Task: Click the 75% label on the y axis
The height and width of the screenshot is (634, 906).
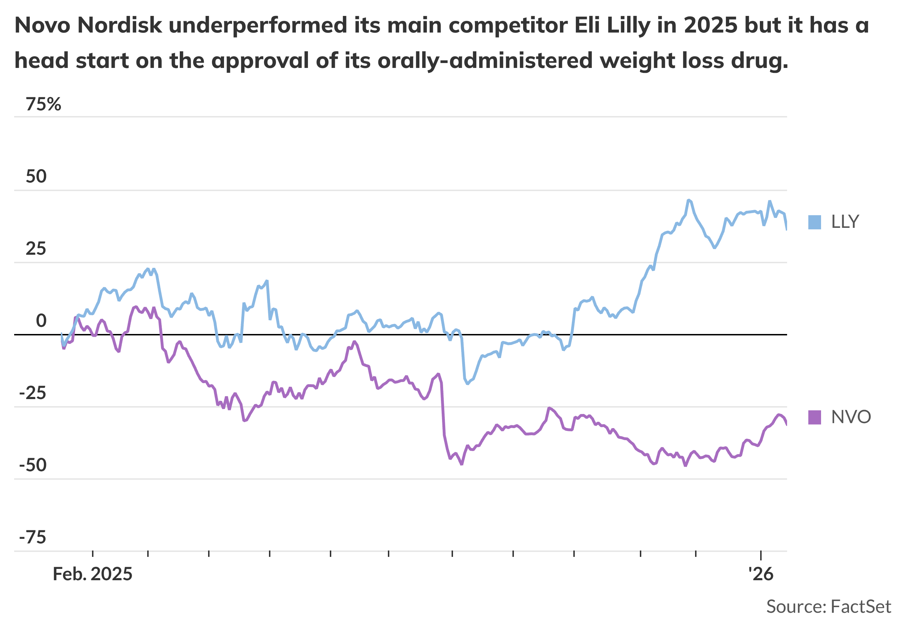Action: [x=44, y=105]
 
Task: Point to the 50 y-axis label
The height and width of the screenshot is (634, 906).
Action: [x=36, y=176]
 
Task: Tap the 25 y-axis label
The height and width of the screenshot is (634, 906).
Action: [x=36, y=249]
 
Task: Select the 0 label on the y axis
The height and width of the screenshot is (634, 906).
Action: [x=41, y=321]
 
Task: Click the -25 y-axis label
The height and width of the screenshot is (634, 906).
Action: [x=33, y=393]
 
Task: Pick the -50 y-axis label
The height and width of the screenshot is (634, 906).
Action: [x=33, y=465]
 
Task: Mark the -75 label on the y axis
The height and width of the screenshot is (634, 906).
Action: [x=33, y=537]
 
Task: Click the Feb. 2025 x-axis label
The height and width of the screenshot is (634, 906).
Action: [x=92, y=574]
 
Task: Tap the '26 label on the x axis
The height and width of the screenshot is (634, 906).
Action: [x=761, y=574]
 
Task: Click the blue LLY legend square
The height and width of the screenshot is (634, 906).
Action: [x=814, y=222]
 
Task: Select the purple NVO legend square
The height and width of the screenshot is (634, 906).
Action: [x=814, y=417]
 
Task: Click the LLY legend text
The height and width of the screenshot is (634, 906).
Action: [x=845, y=222]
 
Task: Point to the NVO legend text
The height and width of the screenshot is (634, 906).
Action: [x=851, y=417]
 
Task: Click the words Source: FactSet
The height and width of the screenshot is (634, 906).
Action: [x=828, y=606]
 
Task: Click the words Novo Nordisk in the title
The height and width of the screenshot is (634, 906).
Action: [x=88, y=25]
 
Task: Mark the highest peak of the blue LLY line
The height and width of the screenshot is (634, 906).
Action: [x=689, y=200]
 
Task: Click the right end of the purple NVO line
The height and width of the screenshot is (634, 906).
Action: [x=786, y=425]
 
